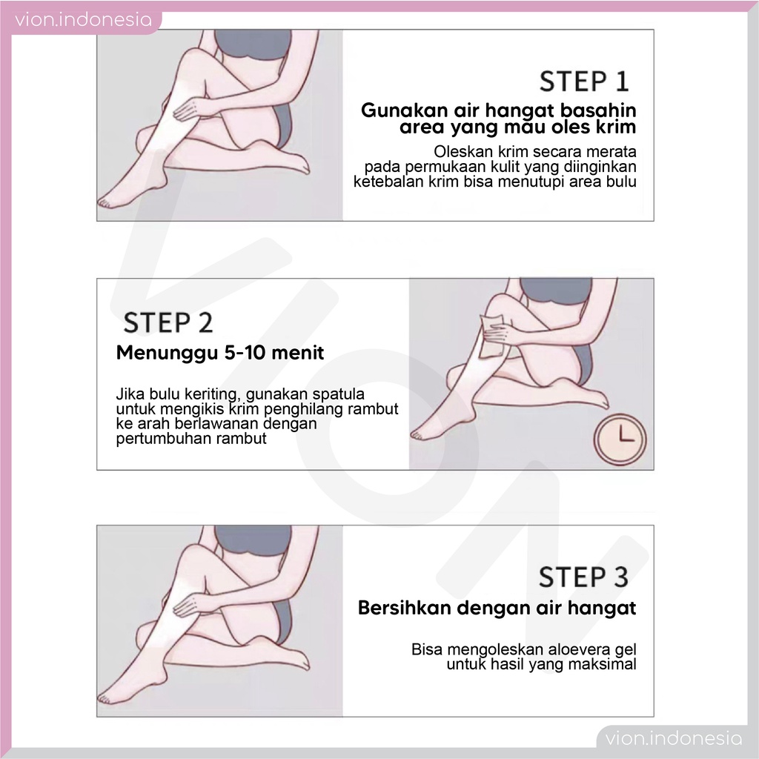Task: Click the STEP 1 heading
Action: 584,82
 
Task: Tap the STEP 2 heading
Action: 168,323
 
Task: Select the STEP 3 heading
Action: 584,577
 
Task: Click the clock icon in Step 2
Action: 620,439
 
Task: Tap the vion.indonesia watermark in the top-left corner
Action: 83,20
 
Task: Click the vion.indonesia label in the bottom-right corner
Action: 673,739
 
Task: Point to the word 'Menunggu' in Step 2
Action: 168,353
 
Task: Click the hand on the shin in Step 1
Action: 193,107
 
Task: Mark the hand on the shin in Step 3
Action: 193,603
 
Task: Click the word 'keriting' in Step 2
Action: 213,394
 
